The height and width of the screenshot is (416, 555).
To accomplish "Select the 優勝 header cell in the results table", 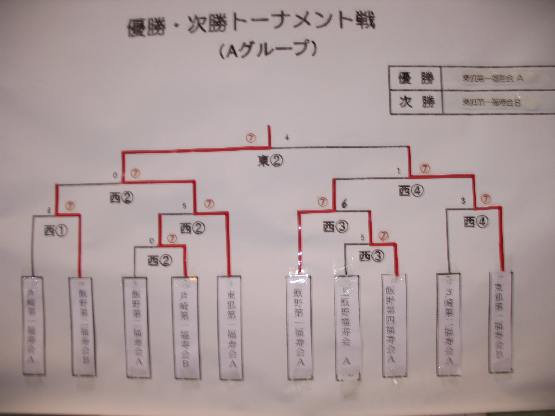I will click(x=415, y=79).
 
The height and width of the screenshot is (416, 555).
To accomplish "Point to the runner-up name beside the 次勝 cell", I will click(x=492, y=103).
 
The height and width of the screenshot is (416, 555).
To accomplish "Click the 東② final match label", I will click(x=270, y=162).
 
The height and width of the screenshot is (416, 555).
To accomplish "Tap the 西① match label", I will click(x=56, y=231).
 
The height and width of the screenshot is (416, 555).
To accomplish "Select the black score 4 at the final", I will click(x=287, y=138).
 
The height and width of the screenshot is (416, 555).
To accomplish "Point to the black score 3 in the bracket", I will click(x=463, y=201).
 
